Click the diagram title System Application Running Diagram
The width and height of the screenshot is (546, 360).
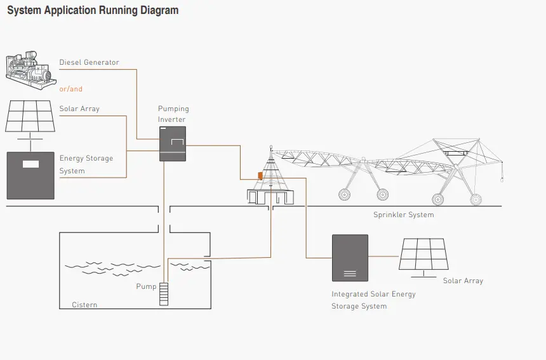tap(93, 11)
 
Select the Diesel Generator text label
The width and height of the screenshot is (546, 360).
tap(89, 62)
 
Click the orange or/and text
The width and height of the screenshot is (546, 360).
tap(71, 89)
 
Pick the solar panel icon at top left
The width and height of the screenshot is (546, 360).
tap(29, 116)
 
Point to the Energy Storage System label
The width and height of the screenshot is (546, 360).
tap(86, 164)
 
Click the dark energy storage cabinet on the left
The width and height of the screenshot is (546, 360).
tap(30, 175)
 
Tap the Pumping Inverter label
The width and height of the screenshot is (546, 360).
tap(173, 114)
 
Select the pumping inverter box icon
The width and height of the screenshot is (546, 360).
tap(172, 143)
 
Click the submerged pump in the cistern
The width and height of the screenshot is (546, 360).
tap(164, 293)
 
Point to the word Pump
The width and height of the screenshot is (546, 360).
tap(146, 286)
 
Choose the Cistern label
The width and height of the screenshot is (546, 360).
tap(84, 305)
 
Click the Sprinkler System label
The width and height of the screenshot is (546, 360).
tap(403, 215)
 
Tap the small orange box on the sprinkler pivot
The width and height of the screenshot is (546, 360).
tap(260, 175)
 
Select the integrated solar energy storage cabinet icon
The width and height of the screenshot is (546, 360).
tap(350, 258)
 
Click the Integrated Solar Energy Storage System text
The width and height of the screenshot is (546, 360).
tap(373, 300)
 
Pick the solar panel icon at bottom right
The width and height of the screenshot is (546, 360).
tap(423, 255)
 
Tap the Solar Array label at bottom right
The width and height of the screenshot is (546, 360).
tap(463, 281)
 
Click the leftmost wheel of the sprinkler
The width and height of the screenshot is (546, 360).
tap(345, 194)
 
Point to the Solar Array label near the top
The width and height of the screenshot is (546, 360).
tap(79, 109)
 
